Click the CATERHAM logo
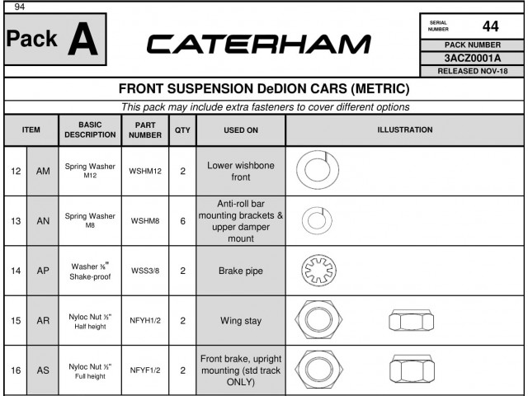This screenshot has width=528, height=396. [258, 44]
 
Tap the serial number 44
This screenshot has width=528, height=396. [490, 26]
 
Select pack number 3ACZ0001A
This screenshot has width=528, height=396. [473, 59]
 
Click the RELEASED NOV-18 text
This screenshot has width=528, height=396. [473, 72]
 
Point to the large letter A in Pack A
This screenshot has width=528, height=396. [82, 39]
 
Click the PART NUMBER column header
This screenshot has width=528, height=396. [145, 130]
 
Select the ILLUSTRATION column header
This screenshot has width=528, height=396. [405, 130]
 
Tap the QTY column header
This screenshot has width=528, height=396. [182, 130]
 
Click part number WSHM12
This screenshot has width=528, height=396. [145, 171]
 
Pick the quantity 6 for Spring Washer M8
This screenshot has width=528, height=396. [182, 221]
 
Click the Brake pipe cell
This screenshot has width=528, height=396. [241, 271]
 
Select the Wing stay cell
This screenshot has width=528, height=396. [241, 321]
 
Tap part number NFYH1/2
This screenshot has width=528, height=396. [145, 320]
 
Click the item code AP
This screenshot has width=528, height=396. [43, 271]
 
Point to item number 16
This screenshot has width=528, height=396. [16, 370]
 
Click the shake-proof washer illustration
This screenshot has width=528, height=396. [318, 271]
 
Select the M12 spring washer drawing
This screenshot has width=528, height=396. [318, 170]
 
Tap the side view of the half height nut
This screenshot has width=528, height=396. [411, 320]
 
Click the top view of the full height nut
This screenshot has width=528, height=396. [319, 369]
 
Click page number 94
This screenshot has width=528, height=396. [20, 7]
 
